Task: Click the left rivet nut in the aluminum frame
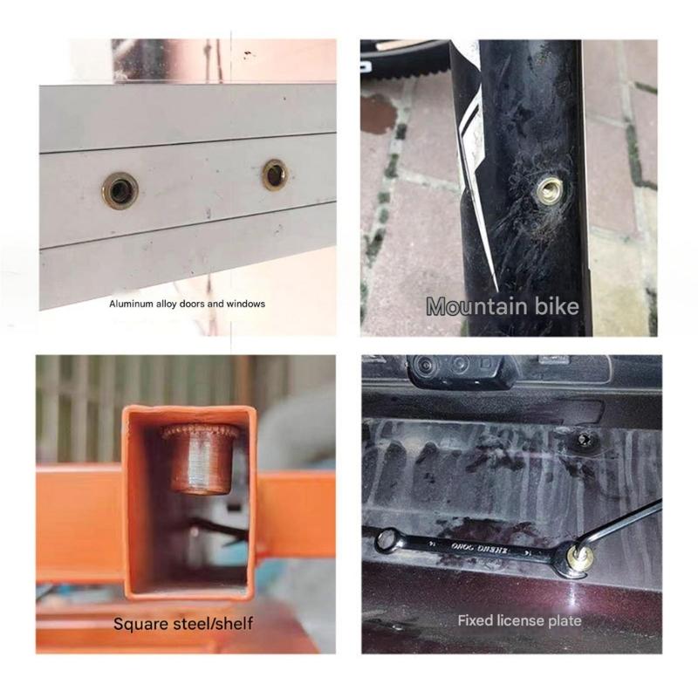[x=120, y=189]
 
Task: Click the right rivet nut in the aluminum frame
[x=275, y=174]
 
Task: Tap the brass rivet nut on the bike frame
[x=549, y=188]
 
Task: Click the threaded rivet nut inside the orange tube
[x=200, y=457]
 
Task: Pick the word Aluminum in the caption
[x=130, y=304]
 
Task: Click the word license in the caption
[x=523, y=621]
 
